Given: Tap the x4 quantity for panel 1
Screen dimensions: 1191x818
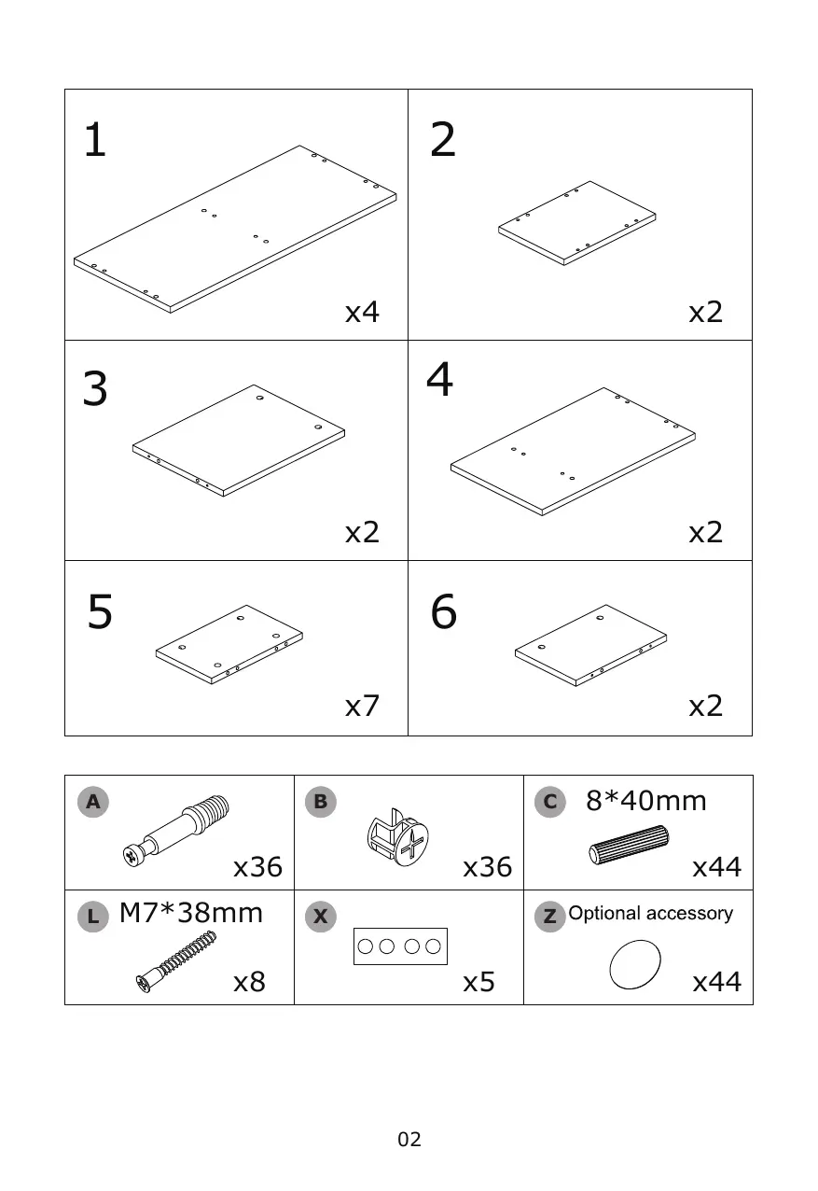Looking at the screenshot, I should (362, 312).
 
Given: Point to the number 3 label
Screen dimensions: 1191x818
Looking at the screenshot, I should (95, 389).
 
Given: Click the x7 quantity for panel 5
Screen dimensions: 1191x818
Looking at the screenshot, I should (362, 706).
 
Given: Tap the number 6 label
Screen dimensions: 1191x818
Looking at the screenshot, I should (444, 612).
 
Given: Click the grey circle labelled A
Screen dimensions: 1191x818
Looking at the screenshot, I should (92, 801).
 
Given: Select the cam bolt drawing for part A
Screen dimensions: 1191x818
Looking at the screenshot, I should (177, 826).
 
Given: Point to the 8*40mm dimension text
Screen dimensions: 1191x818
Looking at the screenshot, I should (645, 801).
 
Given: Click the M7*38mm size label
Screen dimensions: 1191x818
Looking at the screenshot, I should (191, 913).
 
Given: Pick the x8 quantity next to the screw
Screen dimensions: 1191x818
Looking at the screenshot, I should (249, 982).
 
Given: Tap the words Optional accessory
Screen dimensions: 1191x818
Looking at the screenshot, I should (650, 914).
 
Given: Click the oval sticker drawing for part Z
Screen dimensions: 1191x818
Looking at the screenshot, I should (634, 964).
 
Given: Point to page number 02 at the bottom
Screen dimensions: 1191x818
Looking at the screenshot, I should (409, 1139).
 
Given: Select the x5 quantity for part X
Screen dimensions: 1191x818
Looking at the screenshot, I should (478, 982).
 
